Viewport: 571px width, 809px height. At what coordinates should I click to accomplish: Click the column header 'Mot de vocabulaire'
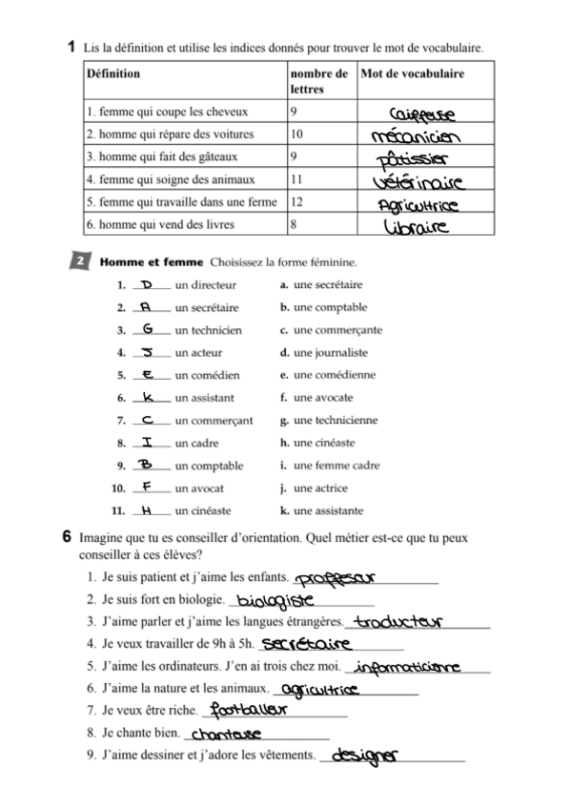coord(412,73)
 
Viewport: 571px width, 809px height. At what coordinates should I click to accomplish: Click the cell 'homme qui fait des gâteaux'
coord(161,156)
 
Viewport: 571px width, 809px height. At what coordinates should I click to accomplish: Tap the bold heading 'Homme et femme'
coord(152,261)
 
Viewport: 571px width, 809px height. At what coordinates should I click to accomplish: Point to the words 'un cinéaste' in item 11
coord(202,510)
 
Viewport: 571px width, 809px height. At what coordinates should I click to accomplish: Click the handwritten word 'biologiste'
coord(275,601)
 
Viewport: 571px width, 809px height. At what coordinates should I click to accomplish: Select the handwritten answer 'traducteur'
coord(393,623)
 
